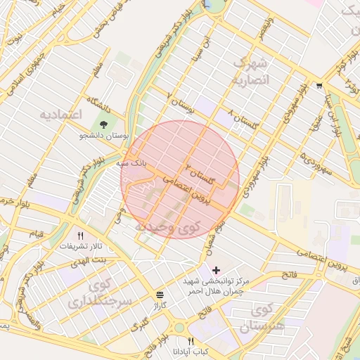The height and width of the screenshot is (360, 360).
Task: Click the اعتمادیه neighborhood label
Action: click(61, 114)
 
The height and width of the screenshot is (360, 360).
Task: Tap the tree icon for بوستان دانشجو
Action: click(104, 126)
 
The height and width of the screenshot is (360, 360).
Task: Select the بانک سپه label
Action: click(135, 162)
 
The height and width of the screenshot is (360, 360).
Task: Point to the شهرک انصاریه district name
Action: click(250, 72)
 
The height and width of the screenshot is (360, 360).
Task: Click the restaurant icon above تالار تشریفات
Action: click(80, 236)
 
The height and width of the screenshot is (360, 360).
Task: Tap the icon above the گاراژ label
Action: click(161, 295)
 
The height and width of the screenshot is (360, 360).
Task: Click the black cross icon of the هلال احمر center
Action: click(215, 269)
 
